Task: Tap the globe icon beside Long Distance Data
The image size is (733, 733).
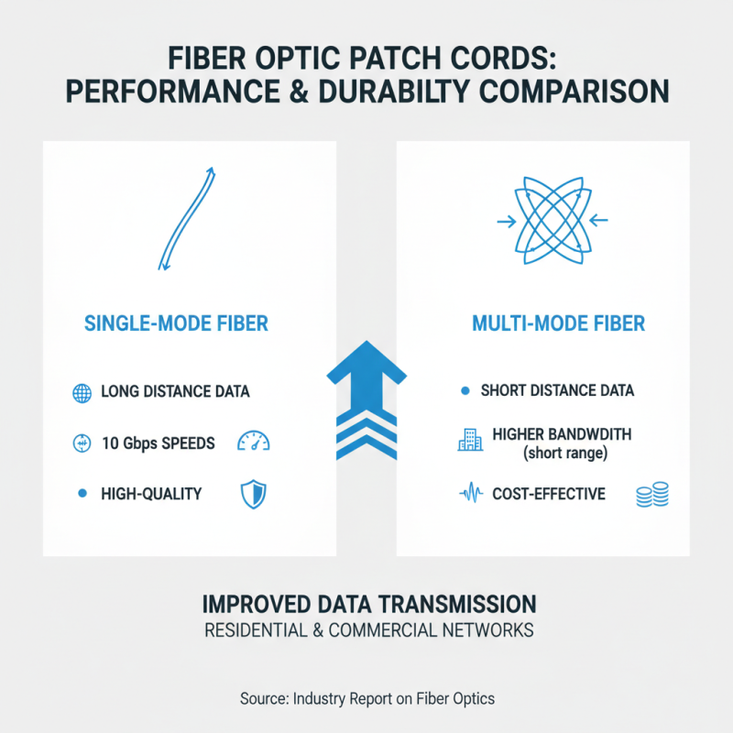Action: pos(82,393)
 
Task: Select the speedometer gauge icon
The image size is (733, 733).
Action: pos(253,443)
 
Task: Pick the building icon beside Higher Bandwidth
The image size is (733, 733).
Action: pos(469,440)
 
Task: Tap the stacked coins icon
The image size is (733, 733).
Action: pos(651,496)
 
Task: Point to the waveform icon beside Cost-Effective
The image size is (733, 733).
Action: pos(470,495)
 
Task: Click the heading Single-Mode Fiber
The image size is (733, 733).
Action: pos(176,323)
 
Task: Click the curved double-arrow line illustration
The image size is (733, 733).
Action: pos(187,218)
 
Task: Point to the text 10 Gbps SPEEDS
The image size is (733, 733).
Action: pos(158,443)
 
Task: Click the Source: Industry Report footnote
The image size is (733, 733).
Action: pos(366,698)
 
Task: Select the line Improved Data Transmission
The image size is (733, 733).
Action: pos(366,605)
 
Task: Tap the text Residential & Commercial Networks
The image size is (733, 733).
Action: pos(366,631)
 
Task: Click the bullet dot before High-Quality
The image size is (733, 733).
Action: pos(82,494)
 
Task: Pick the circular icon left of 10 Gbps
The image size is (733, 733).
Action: pos(82,443)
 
